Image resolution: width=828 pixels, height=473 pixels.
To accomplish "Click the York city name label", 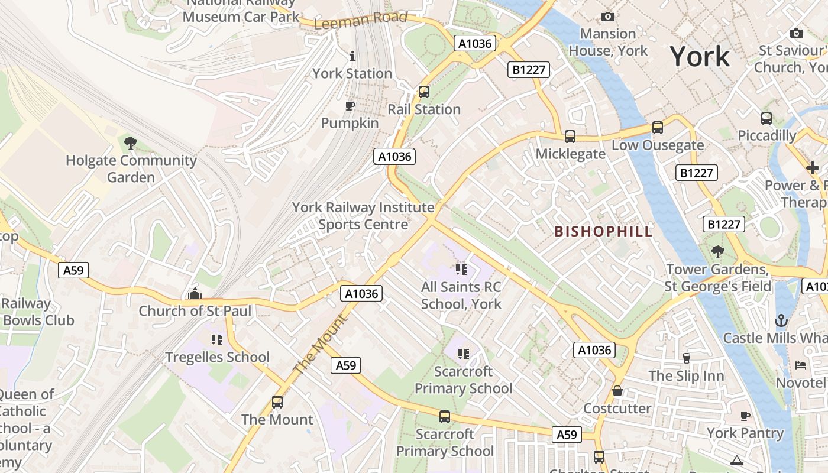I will (700, 57).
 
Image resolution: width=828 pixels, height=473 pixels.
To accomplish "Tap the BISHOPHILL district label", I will (604, 231).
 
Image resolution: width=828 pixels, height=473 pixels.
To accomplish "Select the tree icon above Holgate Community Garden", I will (131, 142).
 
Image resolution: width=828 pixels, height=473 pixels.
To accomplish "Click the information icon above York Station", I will (352, 56).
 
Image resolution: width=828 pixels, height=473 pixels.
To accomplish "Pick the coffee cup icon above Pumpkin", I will (350, 106).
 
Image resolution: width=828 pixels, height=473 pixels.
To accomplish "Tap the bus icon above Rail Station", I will (424, 92).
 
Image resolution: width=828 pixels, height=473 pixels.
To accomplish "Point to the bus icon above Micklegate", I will (570, 137).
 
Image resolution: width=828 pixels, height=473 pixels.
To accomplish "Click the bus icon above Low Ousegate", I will (658, 128).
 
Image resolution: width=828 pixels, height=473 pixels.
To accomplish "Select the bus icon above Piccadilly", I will (766, 118).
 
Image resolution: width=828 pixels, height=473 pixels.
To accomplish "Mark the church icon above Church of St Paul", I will (195, 293).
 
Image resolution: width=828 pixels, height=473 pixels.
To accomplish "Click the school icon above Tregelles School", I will (217, 339).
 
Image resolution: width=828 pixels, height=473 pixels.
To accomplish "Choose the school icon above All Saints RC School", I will (461, 270).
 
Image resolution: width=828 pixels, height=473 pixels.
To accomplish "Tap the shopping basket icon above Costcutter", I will (617, 391).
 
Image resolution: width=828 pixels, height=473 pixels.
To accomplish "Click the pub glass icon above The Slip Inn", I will (686, 358).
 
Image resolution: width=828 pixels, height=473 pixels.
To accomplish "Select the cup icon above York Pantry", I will (745, 416).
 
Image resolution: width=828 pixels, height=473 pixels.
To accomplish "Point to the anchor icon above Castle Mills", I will (781, 320).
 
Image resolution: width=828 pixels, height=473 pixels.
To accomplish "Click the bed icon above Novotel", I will (801, 365).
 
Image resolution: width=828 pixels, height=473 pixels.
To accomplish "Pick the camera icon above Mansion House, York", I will (607, 17).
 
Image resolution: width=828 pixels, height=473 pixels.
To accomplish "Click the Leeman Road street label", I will (361, 20).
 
